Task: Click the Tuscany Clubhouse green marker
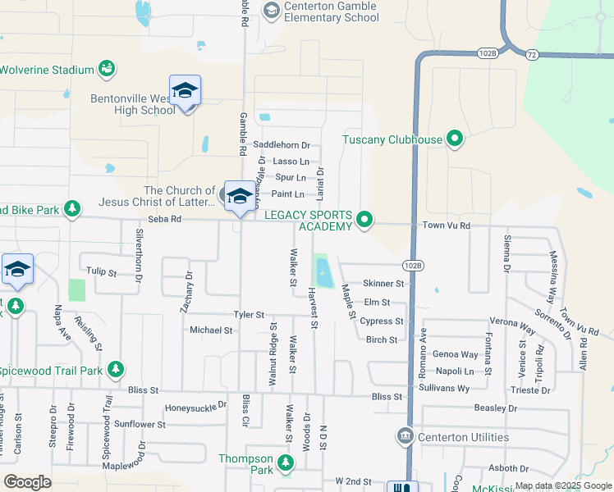click(455, 139)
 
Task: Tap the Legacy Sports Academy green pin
click(365, 220)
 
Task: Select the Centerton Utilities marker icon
click(405, 436)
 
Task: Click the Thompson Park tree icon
click(286, 464)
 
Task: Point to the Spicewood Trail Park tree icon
click(116, 370)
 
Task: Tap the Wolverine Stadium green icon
click(106, 69)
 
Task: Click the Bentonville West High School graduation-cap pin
click(186, 92)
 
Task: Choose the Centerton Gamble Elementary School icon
click(271, 10)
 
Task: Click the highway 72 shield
click(532, 53)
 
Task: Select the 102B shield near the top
click(487, 53)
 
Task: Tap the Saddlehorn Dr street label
click(282, 145)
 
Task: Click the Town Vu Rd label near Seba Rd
click(446, 225)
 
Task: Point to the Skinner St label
click(384, 283)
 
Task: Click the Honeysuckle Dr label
click(195, 406)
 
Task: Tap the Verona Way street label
click(515, 321)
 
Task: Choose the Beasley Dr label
click(496, 408)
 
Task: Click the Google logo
click(27, 482)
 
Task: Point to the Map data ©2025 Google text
click(563, 485)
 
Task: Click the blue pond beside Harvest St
click(323, 271)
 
